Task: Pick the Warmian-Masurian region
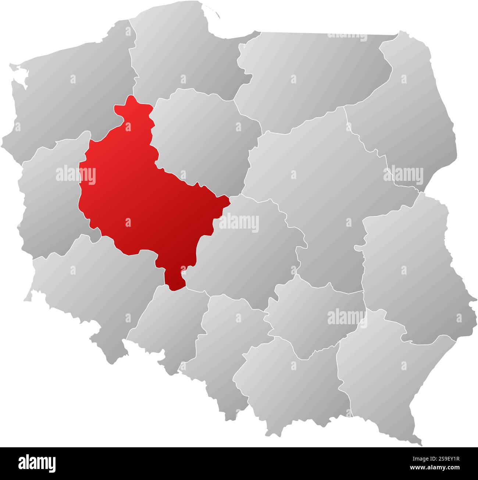pos(313,70)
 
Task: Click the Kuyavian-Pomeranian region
pos(202,136)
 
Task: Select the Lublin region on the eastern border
pos(408,268)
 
